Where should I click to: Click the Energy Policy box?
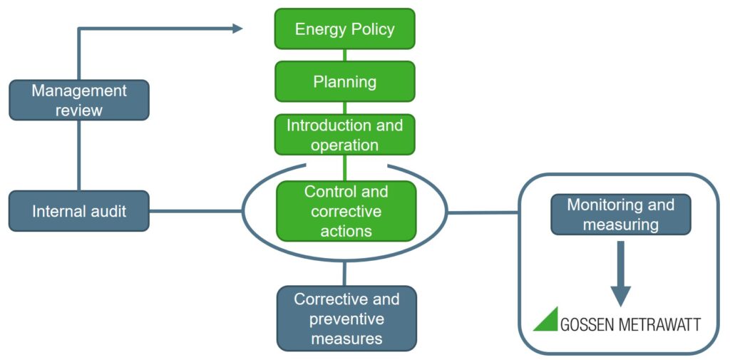pyautogui.click(x=345, y=29)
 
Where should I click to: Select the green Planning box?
pyautogui.click(x=345, y=81)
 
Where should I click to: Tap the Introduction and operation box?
pyautogui.click(x=345, y=135)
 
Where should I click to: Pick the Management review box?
pyautogui.click(x=78, y=100)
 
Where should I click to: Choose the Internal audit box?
pyautogui.click(x=78, y=211)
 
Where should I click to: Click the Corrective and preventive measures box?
pyautogui.click(x=346, y=318)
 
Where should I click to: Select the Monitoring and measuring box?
pyautogui.click(x=620, y=215)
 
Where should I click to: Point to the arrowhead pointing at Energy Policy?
pyautogui.click(x=237, y=29)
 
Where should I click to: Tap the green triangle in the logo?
pyautogui.click(x=547, y=319)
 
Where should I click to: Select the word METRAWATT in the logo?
pyautogui.click(x=658, y=324)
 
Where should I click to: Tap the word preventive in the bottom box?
pyautogui.click(x=346, y=319)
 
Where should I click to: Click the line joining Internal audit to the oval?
pyautogui.click(x=196, y=211)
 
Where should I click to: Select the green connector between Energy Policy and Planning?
pyautogui.click(x=345, y=55)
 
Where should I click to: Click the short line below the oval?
pyautogui.click(x=345, y=274)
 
